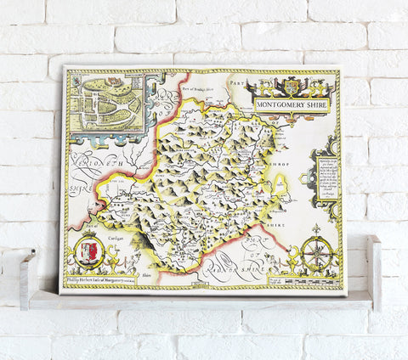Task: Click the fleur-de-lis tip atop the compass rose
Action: click(x=316, y=229)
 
